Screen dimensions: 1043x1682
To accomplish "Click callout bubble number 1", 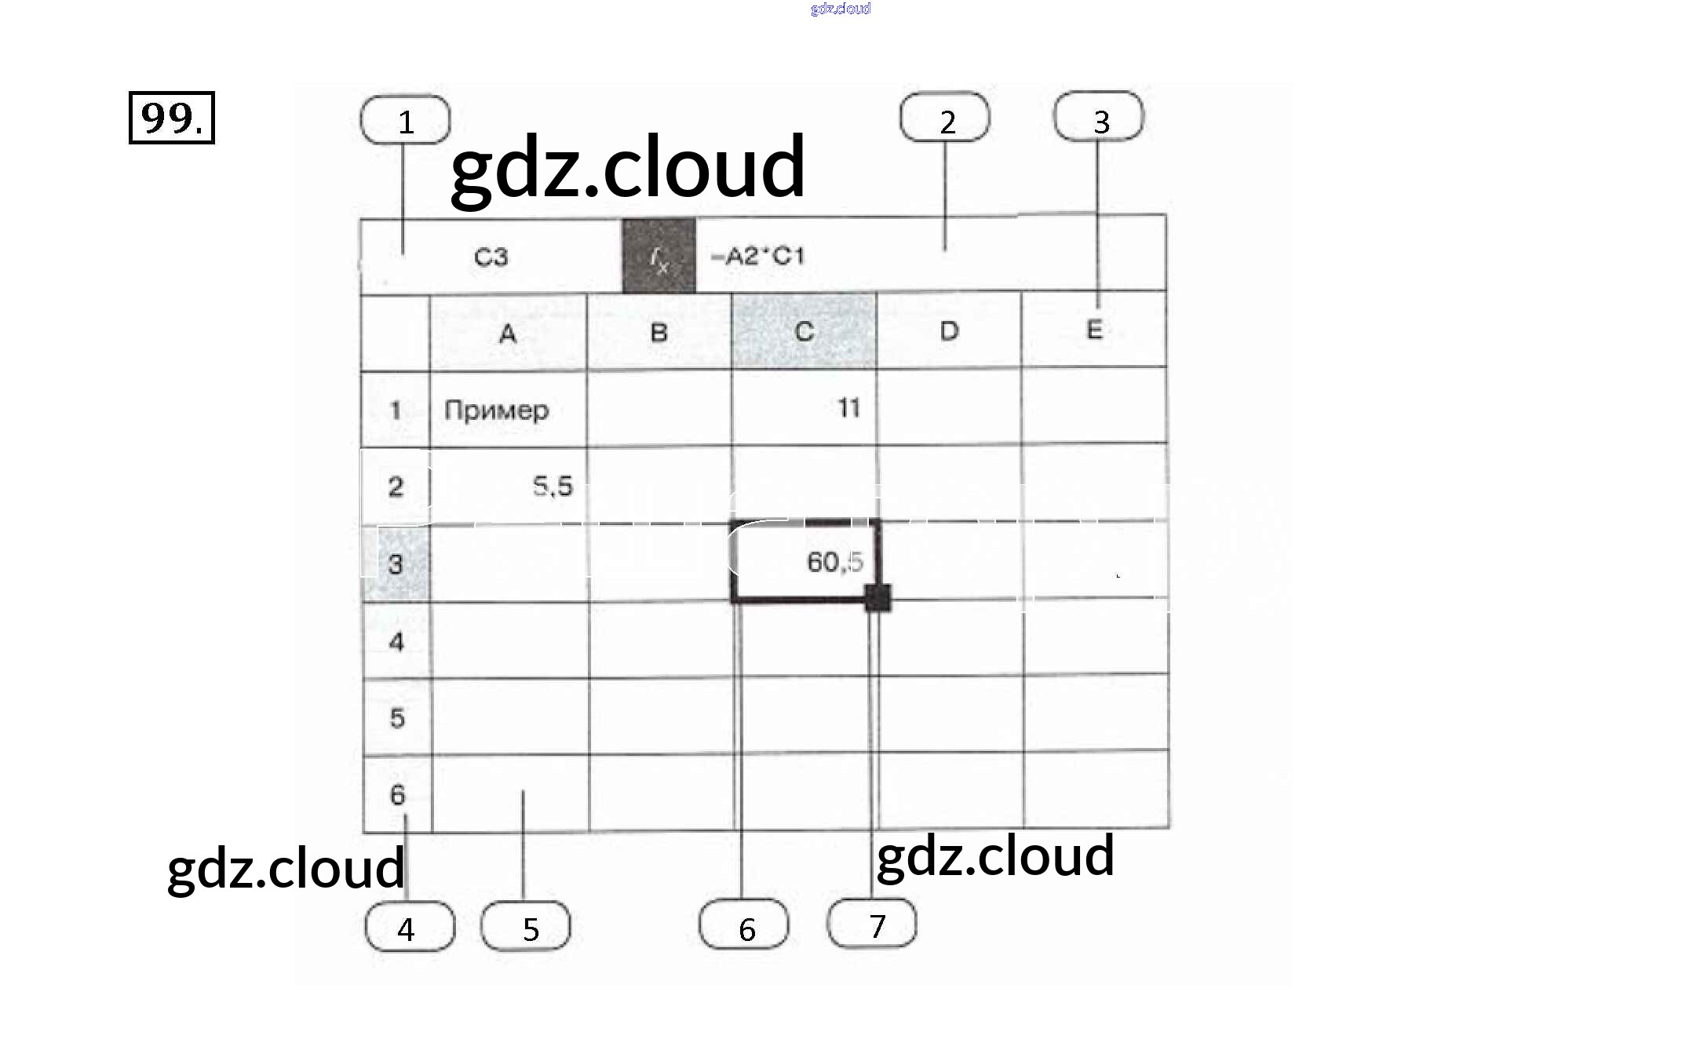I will click(405, 120).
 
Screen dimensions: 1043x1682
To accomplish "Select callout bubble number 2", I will click(945, 118).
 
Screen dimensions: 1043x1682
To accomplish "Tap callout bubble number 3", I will click(1099, 117).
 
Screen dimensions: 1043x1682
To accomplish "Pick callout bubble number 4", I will click(409, 927).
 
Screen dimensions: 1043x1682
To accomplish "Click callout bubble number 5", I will click(526, 927).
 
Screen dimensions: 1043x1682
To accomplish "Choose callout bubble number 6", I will click(744, 925).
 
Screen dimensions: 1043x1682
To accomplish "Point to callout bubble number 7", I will click(872, 924).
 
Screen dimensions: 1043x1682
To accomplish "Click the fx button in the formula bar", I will click(659, 257).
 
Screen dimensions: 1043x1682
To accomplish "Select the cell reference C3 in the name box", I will click(491, 257).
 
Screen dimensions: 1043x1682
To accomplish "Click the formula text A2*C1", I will click(758, 257).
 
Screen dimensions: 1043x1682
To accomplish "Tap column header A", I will click(508, 334).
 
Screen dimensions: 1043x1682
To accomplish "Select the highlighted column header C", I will click(804, 332).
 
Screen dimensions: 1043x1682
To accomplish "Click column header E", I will click(1094, 330).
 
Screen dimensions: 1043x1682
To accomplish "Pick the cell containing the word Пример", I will click(508, 410).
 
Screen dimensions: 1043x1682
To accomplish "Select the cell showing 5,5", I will click(509, 487).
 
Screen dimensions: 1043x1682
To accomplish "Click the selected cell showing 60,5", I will click(805, 562).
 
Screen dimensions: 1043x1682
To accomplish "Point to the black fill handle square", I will click(877, 598).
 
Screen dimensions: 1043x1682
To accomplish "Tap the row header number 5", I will click(397, 717).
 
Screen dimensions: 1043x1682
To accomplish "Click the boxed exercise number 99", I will click(171, 118).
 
